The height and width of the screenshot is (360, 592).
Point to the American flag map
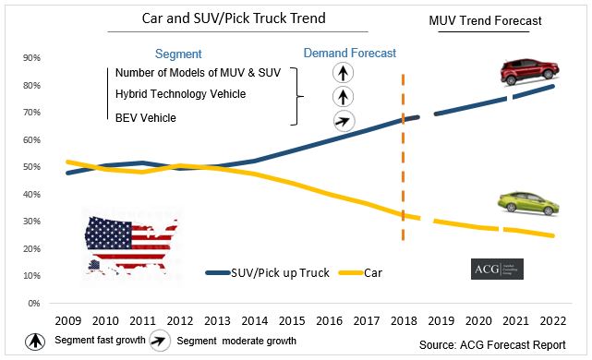130,242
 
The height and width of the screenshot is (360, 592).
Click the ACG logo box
496,269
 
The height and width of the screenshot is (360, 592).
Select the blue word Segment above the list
179,54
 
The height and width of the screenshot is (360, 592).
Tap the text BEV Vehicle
146,117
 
